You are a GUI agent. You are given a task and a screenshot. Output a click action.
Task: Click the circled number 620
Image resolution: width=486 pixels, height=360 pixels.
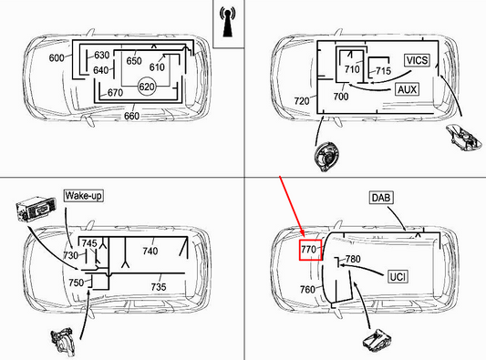(145, 86)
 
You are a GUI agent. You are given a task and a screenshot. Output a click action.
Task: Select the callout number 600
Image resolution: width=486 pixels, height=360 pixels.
(57, 58)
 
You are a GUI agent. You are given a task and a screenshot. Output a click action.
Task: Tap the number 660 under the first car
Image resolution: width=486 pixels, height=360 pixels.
(132, 116)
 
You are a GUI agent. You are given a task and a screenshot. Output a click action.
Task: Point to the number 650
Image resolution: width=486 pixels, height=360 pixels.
(134, 61)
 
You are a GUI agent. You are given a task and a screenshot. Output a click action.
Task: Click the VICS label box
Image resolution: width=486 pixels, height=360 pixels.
(417, 60)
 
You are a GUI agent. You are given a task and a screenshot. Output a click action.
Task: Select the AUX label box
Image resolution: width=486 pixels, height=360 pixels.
(408, 90)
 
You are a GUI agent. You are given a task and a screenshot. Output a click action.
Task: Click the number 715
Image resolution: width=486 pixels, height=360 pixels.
(383, 70)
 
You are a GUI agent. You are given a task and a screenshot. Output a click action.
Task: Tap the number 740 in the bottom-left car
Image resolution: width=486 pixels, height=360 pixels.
(150, 251)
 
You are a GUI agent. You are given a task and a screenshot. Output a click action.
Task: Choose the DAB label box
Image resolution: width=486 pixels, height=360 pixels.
(381, 197)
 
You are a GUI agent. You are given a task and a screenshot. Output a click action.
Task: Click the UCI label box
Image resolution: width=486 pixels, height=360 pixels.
(398, 276)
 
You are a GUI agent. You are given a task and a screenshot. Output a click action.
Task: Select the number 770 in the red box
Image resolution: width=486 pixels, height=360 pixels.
(309, 248)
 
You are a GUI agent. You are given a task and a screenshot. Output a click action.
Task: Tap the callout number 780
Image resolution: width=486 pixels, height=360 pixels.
(352, 260)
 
